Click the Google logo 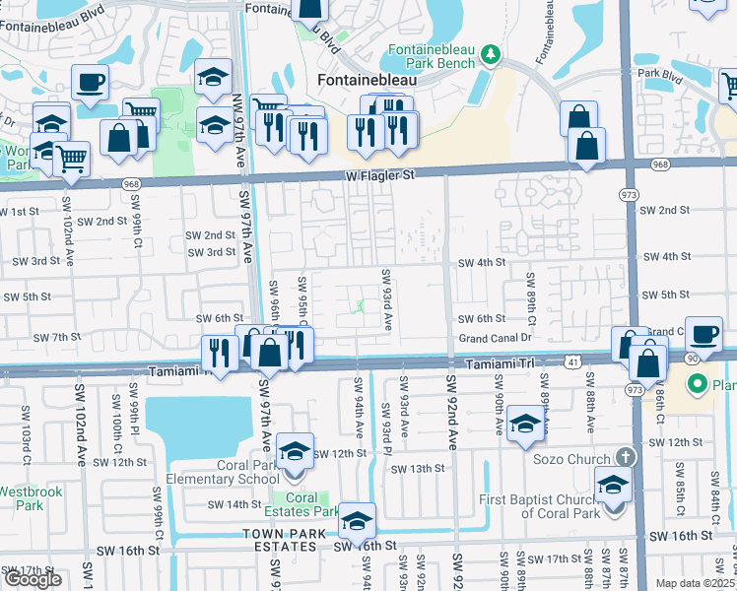point(32,579)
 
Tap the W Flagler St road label point(380,175)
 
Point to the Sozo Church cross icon point(623,458)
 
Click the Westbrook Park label point(22,496)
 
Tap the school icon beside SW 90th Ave point(527,424)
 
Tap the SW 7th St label point(56,338)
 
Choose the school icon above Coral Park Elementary point(296,450)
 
